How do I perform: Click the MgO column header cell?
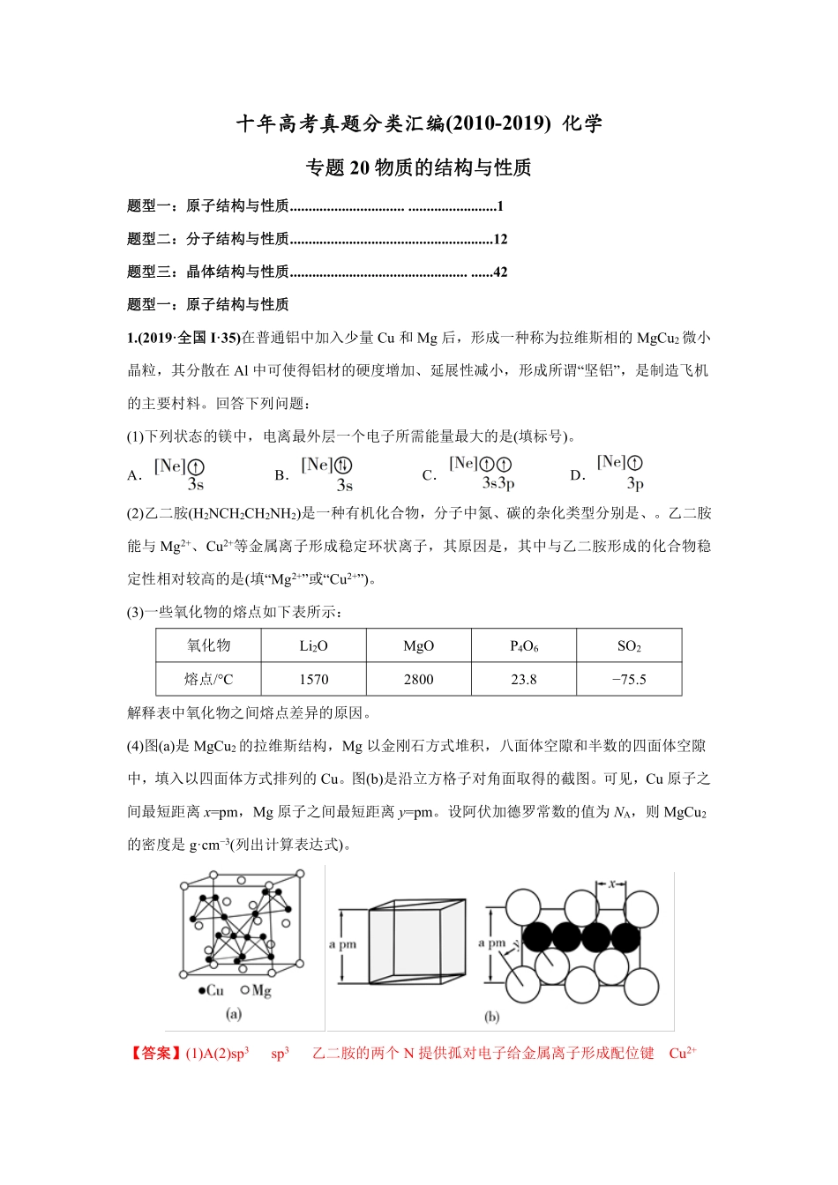pyautogui.click(x=418, y=646)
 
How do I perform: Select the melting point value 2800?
pyautogui.click(x=418, y=680)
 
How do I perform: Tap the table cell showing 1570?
pyautogui.click(x=313, y=680)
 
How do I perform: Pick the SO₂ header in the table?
pyautogui.click(x=629, y=646)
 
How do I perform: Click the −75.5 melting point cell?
pyautogui.click(x=629, y=680)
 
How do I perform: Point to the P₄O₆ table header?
pyautogui.click(x=524, y=646)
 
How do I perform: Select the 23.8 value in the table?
pyautogui.click(x=524, y=680)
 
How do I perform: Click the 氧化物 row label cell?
pyautogui.click(x=208, y=646)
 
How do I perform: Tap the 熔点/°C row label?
pyautogui.click(x=208, y=680)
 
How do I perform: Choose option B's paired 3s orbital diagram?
pyautogui.click(x=327, y=473)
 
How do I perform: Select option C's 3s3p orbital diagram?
pyautogui.click(x=482, y=472)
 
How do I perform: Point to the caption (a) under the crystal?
pyautogui.click(x=234, y=1014)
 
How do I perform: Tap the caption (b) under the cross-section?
pyautogui.click(x=491, y=1017)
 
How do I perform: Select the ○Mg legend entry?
pyautogui.click(x=257, y=990)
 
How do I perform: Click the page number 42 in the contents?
pyautogui.click(x=500, y=272)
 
